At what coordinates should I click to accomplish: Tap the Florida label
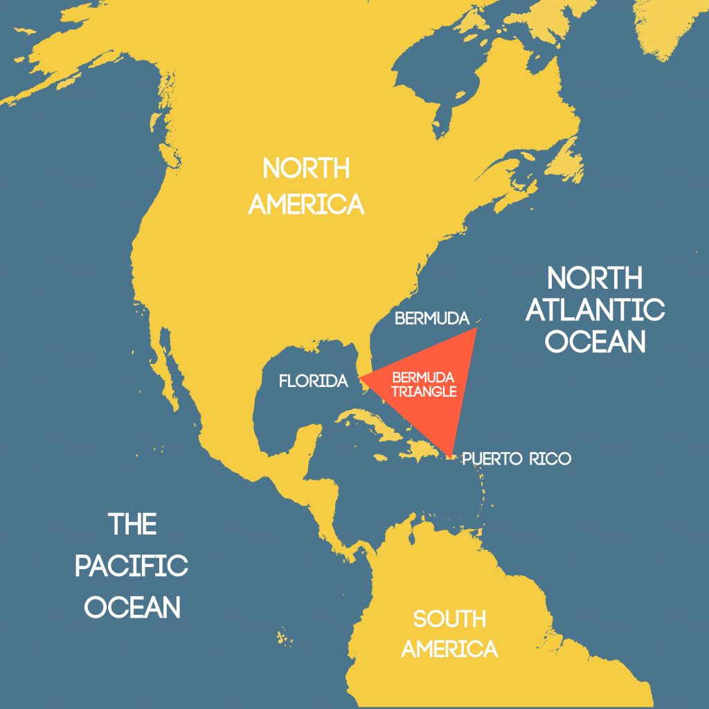312,381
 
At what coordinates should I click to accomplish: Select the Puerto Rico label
517,458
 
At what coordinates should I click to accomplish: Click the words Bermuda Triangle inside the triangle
424,384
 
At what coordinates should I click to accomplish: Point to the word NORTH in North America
306,168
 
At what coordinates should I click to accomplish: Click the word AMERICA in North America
306,204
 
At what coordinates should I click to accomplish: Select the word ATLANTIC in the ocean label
595,309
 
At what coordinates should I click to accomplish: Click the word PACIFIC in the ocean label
132,566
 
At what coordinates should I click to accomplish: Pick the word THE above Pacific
132,524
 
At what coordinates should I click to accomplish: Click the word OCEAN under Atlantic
595,342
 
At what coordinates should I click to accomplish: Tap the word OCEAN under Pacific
132,607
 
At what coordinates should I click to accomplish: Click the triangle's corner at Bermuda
476,330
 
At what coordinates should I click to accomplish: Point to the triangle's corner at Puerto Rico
451,456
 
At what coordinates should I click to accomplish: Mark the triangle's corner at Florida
360,378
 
